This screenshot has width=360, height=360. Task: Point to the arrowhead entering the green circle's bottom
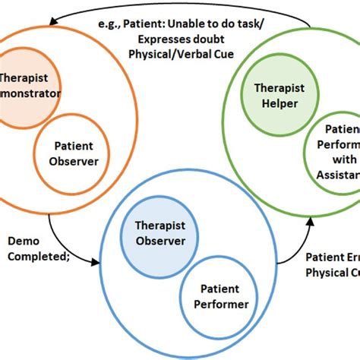pyautogui.click(x=310, y=219)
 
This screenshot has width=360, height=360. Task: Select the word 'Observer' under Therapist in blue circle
pyautogui.click(x=159, y=241)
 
